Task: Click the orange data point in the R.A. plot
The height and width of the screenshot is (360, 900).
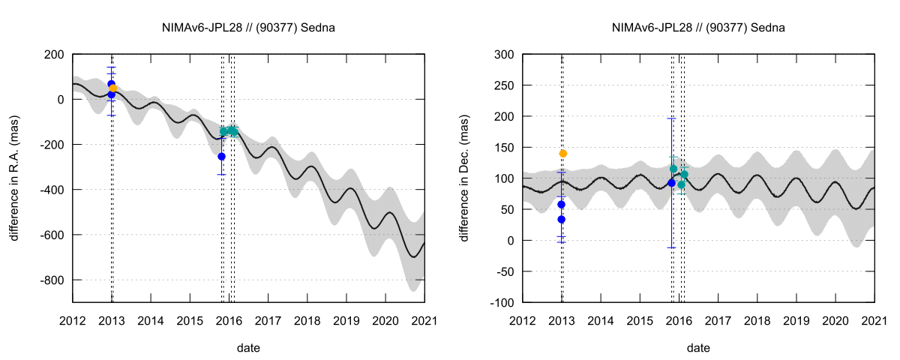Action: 113,88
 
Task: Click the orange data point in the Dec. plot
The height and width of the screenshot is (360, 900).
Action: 563,153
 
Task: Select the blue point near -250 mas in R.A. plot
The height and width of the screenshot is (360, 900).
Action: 221,156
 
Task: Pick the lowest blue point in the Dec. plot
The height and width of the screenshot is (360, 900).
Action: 561,219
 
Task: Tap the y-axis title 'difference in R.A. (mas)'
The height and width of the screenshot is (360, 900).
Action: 14,178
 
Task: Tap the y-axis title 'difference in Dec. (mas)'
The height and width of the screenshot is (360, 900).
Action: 464,178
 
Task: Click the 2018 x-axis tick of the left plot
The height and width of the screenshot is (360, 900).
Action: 307,320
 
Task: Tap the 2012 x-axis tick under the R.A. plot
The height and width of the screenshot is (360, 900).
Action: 73,320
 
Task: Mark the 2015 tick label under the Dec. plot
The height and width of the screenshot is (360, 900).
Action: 640,320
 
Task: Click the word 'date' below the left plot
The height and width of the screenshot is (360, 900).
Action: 248,348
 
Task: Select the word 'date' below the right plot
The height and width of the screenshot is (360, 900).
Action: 698,348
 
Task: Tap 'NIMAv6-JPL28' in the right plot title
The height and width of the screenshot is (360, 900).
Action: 652,28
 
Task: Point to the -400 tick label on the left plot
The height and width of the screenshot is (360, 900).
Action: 52,190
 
